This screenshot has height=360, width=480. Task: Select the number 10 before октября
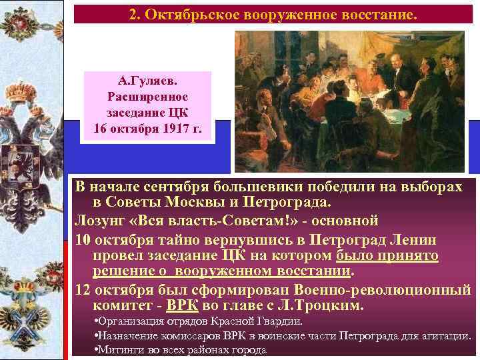pos(83,238)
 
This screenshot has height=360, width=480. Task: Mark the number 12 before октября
pos(83,289)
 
